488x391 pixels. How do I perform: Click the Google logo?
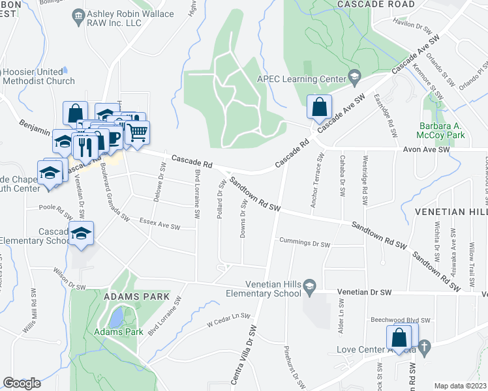tap(22, 383)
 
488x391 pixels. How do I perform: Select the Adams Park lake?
tap(116, 319)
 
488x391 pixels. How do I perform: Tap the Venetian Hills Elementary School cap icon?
tap(310, 285)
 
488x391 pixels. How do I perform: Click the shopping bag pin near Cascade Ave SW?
tap(319, 108)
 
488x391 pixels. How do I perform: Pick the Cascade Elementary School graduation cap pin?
tap(82, 234)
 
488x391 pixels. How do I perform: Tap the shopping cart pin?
tap(137, 134)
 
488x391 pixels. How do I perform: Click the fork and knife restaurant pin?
tap(85, 146)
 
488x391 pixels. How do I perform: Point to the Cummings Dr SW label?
tap(305, 243)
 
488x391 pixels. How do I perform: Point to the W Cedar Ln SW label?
tap(228, 319)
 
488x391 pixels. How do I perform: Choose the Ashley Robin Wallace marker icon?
tap(78, 14)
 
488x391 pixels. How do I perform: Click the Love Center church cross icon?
tap(424, 347)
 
